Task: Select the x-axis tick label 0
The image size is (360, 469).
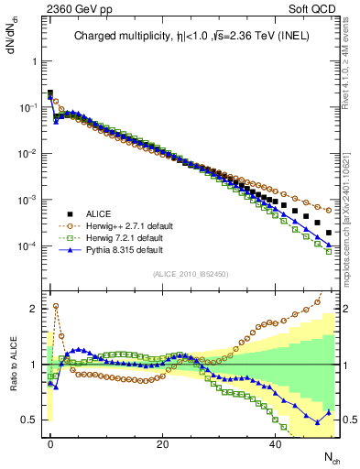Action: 50,442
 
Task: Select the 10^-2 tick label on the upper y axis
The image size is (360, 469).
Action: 27,154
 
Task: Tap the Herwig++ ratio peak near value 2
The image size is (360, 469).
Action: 56,306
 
